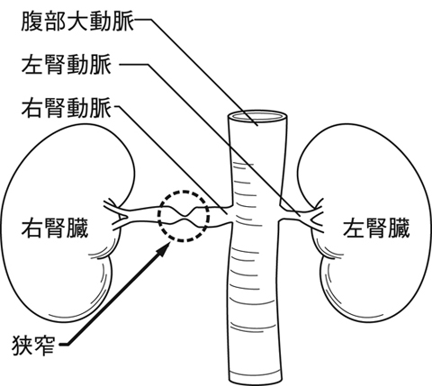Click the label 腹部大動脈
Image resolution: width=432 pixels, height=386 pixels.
click(77, 21)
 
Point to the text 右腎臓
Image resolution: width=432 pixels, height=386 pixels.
click(55, 229)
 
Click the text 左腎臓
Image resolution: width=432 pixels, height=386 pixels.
click(376, 229)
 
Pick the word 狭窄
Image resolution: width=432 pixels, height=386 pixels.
click(33, 346)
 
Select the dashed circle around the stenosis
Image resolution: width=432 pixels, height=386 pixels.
click(184, 191)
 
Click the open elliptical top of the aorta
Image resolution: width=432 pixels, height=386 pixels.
click(257, 116)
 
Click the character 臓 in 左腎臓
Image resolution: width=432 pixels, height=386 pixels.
click(399, 229)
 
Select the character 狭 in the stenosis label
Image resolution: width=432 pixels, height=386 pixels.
click(22, 346)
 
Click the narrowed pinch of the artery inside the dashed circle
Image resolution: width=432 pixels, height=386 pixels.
click(184, 216)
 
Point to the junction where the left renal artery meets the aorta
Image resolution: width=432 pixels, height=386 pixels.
click(280, 213)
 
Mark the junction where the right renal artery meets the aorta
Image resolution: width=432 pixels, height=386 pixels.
click(232, 214)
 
